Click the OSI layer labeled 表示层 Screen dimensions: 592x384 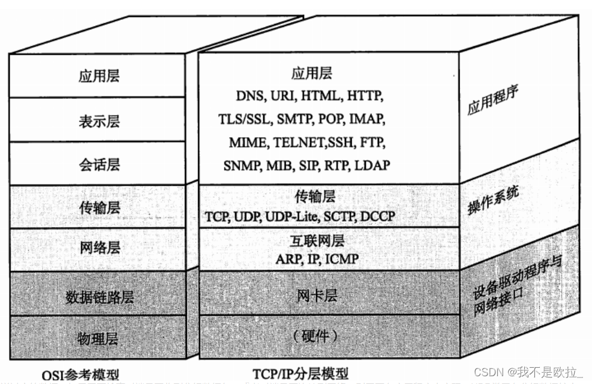click(99, 120)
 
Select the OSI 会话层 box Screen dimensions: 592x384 click(99, 164)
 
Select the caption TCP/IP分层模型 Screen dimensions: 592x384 click(300, 373)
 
